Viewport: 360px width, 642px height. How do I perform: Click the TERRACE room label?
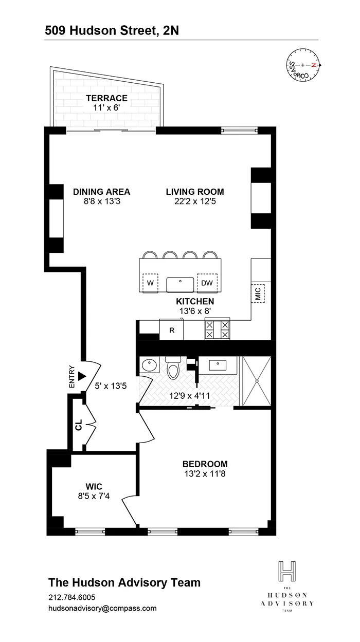106,98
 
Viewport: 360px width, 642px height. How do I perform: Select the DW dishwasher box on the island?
207,283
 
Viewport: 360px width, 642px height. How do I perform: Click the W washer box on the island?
151,283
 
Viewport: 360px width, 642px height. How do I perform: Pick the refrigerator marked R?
172,330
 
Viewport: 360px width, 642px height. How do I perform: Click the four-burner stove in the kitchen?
217,329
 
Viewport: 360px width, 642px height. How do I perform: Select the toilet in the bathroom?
173,370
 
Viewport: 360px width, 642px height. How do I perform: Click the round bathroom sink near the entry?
150,365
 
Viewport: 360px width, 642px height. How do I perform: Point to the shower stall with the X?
256,381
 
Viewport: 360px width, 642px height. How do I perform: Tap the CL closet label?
78,426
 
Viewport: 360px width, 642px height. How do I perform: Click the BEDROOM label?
205,464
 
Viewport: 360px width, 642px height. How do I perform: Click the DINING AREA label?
101,192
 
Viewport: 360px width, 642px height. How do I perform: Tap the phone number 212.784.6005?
71,597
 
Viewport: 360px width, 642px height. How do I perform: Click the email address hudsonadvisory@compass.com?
102,608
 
